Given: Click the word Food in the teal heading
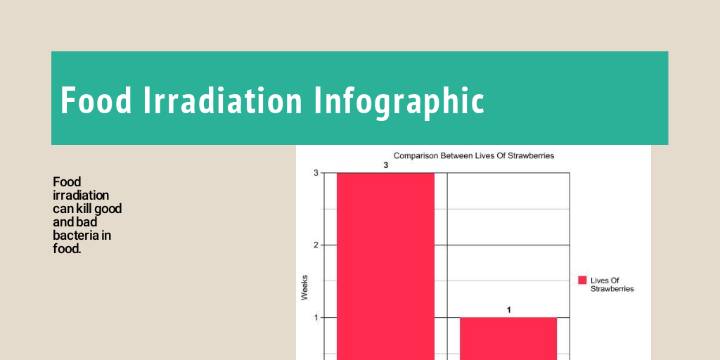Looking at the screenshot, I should point(96,100).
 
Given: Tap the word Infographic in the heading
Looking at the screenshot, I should point(399,101).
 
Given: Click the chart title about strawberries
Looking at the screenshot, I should point(473,155).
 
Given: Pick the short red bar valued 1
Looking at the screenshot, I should point(508,338).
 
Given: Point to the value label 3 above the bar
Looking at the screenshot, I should point(385,165).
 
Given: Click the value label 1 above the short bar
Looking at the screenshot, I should point(508,309).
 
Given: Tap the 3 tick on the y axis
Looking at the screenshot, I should point(316,173).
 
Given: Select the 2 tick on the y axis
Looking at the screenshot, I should point(316,245).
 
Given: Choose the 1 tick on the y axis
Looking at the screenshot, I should point(316,318).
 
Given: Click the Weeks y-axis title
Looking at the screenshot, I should point(304,288).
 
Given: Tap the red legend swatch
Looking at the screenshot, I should point(582,280).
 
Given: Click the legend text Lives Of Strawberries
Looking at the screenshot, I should point(611,285).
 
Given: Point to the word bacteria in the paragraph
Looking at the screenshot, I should point(76,235).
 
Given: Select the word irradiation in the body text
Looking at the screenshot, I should point(81,195).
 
